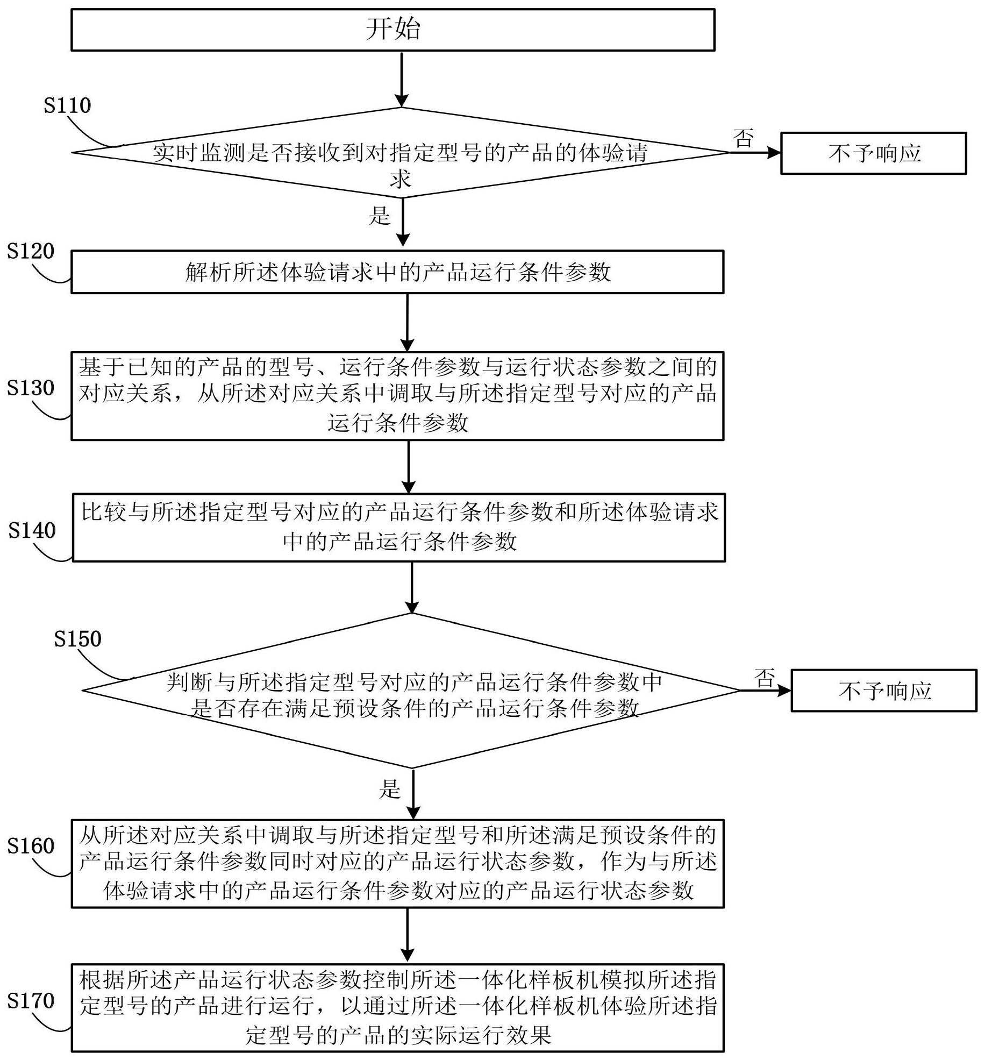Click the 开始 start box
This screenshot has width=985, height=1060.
pyautogui.click(x=392, y=30)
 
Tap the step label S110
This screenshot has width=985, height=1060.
pyautogui.click(x=67, y=105)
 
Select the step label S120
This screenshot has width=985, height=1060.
pyautogui.click(x=31, y=251)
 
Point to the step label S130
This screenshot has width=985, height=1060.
pyautogui.click(x=31, y=388)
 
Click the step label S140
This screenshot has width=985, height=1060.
pyautogui.click(x=32, y=530)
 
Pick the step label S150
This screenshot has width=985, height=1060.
pyautogui.click(x=77, y=639)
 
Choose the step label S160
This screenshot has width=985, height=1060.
pyautogui.click(x=31, y=846)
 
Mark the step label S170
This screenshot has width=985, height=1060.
pyautogui.click(x=31, y=1000)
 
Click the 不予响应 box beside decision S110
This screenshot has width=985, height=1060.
pyautogui.click(x=873, y=153)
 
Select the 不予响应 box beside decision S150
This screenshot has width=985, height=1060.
pyautogui.click(x=883, y=691)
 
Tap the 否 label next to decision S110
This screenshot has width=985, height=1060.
pyautogui.click(x=744, y=138)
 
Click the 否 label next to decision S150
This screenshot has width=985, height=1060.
pyautogui.click(x=765, y=678)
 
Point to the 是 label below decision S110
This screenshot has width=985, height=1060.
pyautogui.click(x=379, y=216)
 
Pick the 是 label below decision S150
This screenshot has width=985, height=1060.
pyautogui.click(x=390, y=789)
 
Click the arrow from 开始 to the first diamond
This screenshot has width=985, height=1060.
pyautogui.click(x=401, y=79)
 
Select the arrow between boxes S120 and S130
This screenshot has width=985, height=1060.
pyautogui.click(x=408, y=322)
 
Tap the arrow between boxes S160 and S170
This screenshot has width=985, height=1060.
pyautogui.click(x=408, y=935)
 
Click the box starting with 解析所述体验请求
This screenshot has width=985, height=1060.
pyautogui.click(x=397, y=272)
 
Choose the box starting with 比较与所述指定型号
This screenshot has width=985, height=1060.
pyautogui.click(x=398, y=527)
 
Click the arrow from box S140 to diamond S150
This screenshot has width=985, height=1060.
pyautogui.click(x=411, y=587)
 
